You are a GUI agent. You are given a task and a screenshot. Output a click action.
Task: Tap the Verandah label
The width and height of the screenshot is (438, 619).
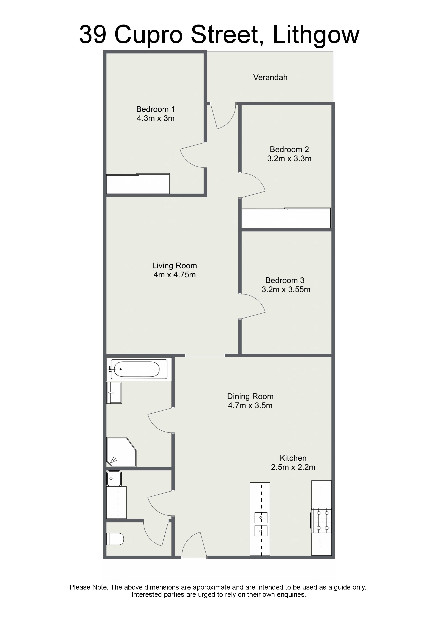(x=270, y=77)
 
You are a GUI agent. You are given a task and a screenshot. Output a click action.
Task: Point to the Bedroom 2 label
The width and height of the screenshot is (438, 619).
(x=289, y=149)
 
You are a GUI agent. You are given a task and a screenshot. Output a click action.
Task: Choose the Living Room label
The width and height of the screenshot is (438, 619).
(x=175, y=266)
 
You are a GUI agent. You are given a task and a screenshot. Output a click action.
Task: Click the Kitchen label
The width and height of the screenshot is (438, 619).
(x=293, y=458)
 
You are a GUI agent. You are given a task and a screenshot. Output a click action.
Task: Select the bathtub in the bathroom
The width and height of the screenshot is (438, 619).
(x=139, y=369)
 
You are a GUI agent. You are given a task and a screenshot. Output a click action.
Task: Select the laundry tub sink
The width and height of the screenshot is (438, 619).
(x=114, y=479)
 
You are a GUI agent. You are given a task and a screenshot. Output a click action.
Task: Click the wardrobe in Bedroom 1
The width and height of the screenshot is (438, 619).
(x=138, y=184)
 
